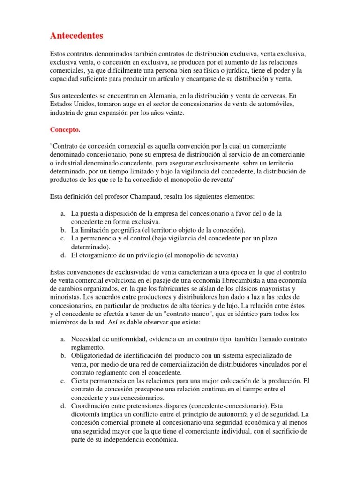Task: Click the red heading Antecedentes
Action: [x=76, y=36]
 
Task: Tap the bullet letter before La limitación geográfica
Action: [x=63, y=230]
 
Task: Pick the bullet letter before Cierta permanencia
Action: [x=63, y=381]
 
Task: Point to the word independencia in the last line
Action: [x=135, y=440]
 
